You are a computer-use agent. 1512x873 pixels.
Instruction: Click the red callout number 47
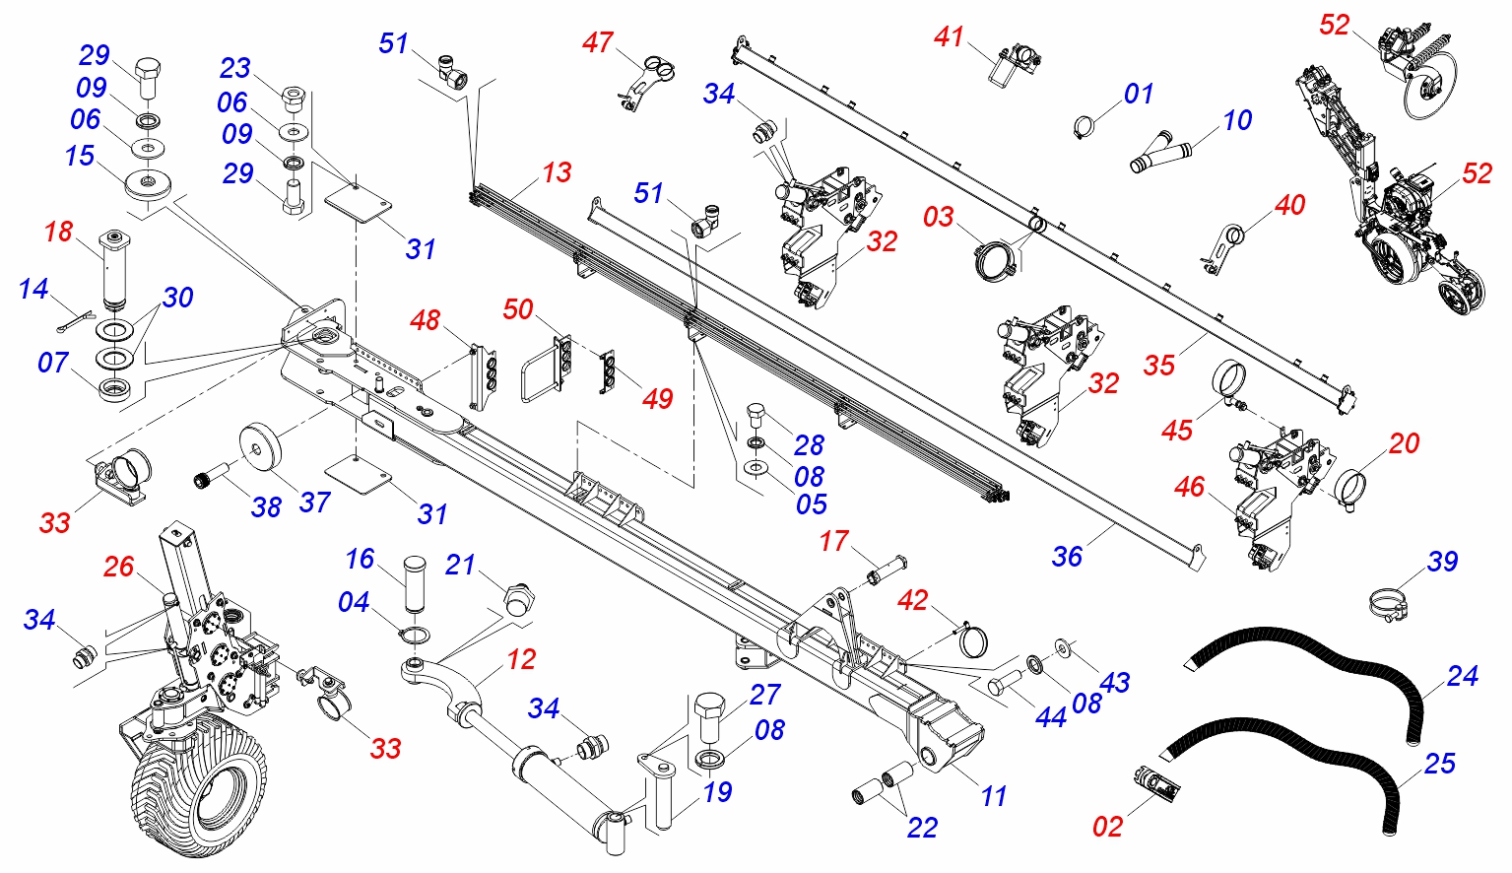(x=598, y=43)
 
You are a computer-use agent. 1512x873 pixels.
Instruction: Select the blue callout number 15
(x=80, y=156)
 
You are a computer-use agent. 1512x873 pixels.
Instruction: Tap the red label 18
(x=58, y=232)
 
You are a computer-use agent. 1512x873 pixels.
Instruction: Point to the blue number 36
(x=1067, y=557)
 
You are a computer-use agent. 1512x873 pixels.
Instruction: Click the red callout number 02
(x=1107, y=827)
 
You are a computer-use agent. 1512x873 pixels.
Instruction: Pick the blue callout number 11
(x=994, y=796)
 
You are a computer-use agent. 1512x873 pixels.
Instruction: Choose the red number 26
(x=118, y=567)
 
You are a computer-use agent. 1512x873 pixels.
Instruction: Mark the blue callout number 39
(x=1442, y=562)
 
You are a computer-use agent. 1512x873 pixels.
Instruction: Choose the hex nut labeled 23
(x=293, y=97)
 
